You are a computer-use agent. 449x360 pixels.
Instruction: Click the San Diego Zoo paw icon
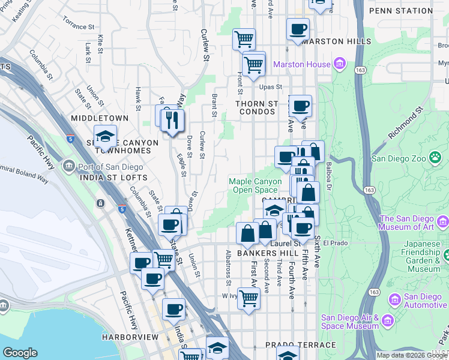point(435,158)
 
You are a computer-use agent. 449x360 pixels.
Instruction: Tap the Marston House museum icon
point(339,64)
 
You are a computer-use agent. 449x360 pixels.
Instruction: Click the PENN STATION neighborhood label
point(400,11)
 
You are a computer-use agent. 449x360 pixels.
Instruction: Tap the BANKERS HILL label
point(264,253)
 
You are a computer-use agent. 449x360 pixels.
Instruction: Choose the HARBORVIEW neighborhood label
point(130,337)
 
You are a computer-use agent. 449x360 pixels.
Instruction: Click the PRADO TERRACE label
point(301,346)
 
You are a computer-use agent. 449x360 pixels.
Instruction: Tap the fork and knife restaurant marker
point(172,119)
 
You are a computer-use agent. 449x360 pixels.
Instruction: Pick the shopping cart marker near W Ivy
point(249,297)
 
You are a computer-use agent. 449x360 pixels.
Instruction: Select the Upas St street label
point(271,87)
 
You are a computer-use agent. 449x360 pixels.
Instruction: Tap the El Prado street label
point(335,244)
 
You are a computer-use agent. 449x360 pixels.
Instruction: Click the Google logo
point(20,353)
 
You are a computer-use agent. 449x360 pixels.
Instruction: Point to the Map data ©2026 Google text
point(412,355)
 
